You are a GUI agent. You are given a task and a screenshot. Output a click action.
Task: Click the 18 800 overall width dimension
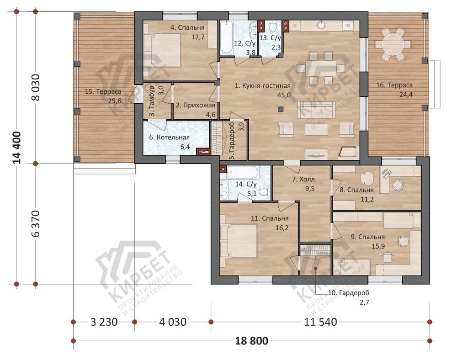point(251,340)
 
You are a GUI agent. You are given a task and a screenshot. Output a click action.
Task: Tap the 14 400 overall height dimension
point(17,148)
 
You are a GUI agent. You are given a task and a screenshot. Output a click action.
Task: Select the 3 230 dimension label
point(104,322)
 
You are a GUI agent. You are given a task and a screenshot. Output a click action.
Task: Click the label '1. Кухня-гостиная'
point(263,85)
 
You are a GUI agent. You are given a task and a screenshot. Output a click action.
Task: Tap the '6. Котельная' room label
point(170,137)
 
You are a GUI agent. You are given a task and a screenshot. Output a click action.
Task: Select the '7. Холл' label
point(303,180)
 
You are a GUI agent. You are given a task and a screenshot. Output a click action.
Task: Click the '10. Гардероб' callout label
point(349,293)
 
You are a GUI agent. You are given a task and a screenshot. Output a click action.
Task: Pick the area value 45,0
point(284,95)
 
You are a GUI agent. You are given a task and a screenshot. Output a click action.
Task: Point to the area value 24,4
point(406,95)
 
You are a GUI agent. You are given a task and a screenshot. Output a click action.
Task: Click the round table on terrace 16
point(393,44)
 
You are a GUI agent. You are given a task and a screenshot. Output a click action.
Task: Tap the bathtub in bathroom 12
point(227,37)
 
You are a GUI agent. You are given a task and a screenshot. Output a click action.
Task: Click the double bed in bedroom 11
point(239,241)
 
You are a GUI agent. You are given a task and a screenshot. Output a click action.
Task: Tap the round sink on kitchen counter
point(321,25)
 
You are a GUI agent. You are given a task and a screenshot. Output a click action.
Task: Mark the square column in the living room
point(281,109)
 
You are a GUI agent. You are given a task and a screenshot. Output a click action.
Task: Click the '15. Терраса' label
point(103,91)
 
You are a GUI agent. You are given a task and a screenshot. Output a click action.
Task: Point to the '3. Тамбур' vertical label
point(152,101)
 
